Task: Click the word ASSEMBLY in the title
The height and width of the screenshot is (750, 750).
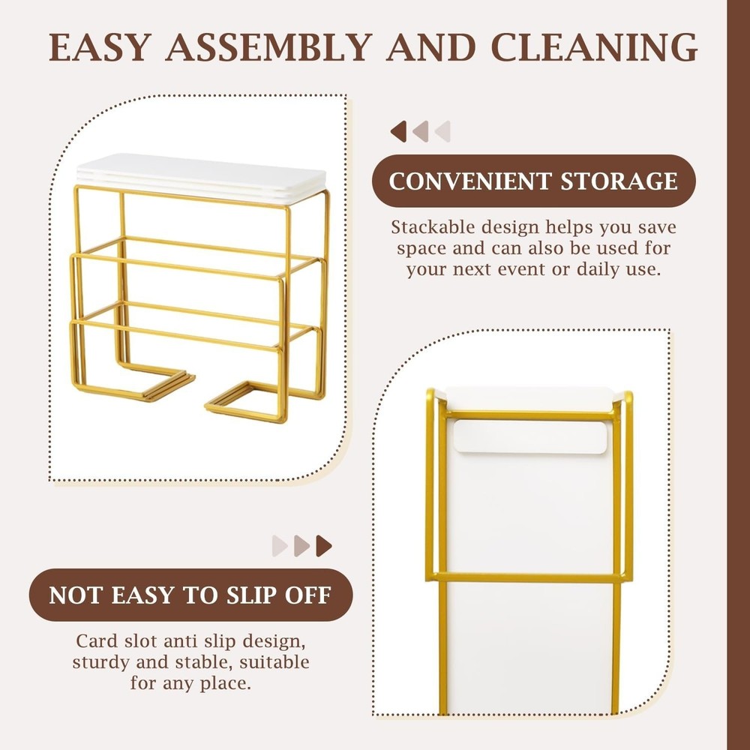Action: (268, 47)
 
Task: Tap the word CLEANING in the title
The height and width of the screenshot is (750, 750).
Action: (594, 47)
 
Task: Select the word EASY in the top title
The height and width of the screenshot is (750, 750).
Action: (100, 47)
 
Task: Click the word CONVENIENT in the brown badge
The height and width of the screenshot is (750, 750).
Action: (470, 181)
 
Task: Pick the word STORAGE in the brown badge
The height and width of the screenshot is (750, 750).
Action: (619, 181)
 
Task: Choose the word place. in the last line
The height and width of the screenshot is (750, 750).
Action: (225, 684)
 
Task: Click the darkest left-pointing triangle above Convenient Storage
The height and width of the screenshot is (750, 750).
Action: (398, 131)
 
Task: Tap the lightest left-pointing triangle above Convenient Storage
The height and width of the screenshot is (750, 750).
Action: (442, 131)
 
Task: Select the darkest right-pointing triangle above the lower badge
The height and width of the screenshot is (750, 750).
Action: (324, 546)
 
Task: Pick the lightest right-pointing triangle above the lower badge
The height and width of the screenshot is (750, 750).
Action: (280, 546)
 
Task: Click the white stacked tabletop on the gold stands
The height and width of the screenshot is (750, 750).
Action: (201, 178)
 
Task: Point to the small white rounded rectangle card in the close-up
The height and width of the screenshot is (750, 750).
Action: (530, 436)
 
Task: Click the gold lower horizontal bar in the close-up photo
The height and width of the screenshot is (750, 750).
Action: (529, 577)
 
